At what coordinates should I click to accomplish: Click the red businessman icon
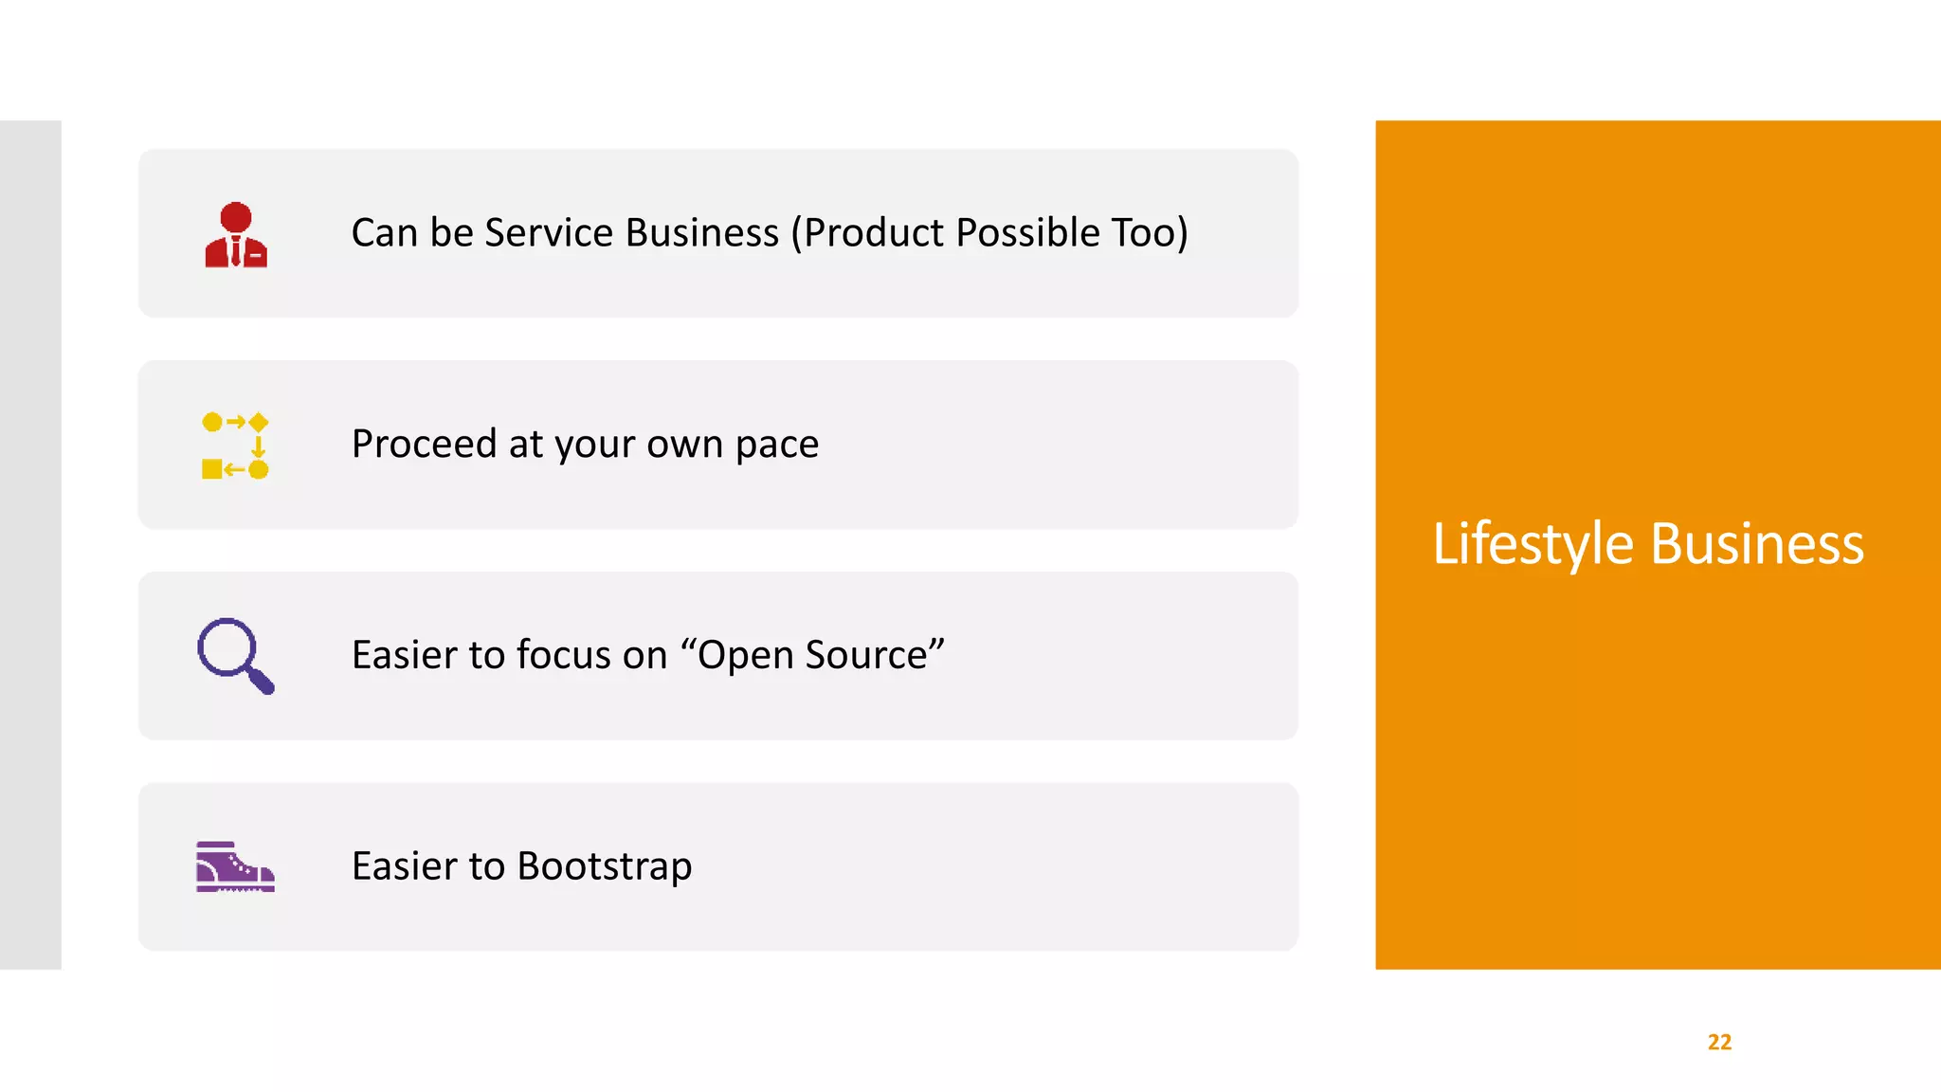click(236, 234)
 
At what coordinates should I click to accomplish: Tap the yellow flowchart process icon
click(235, 446)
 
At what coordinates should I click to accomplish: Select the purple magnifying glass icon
click(234, 655)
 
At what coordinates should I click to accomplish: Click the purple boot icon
click(235, 866)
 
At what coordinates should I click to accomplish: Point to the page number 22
click(1719, 1042)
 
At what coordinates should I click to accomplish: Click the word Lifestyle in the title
click(1533, 544)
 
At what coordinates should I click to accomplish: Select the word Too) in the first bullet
click(1150, 233)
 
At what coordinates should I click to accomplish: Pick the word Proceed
click(424, 445)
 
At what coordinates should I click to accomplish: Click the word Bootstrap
click(604, 866)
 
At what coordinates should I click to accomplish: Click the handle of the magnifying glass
click(261, 681)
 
